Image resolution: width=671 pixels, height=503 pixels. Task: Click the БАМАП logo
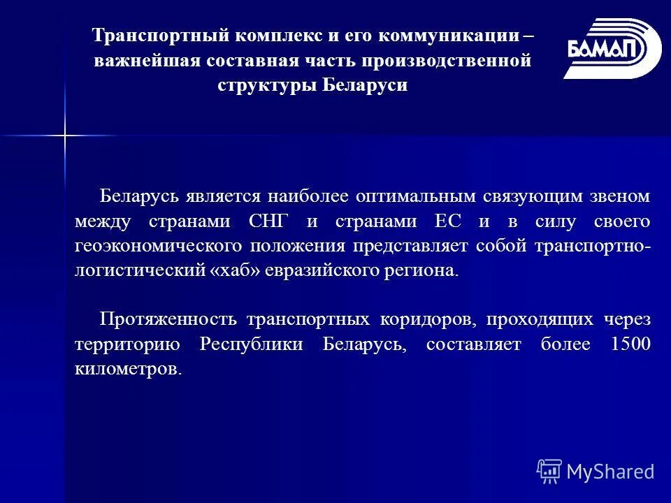(612, 49)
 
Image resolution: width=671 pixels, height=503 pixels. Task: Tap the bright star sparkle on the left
(64, 134)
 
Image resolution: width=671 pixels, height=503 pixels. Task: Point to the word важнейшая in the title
(147, 61)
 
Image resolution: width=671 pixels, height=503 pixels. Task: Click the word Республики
(252, 344)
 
